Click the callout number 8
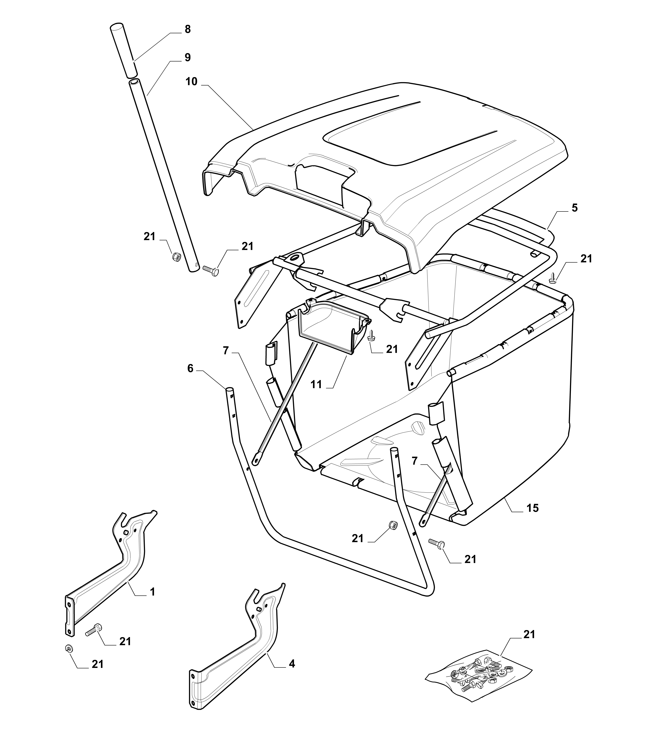tap(188, 29)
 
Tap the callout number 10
tap(191, 82)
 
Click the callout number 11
tap(316, 384)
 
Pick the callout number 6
tap(190, 368)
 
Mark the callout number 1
tap(152, 592)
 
